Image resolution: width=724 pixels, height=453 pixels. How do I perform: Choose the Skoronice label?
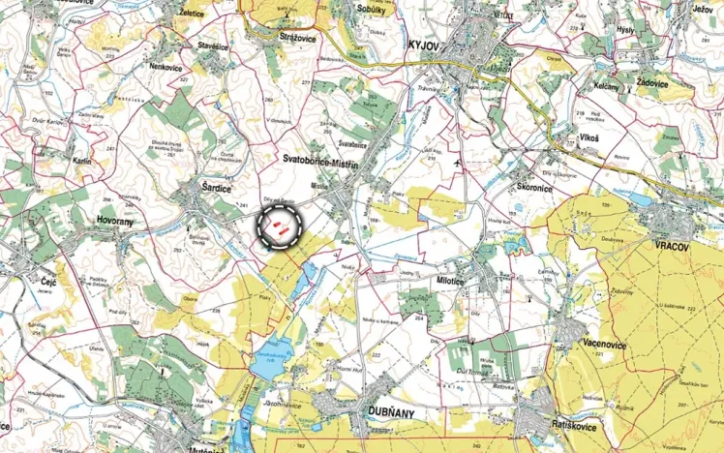(533, 187)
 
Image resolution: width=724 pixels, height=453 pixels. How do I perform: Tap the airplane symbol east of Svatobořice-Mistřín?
(458, 162)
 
